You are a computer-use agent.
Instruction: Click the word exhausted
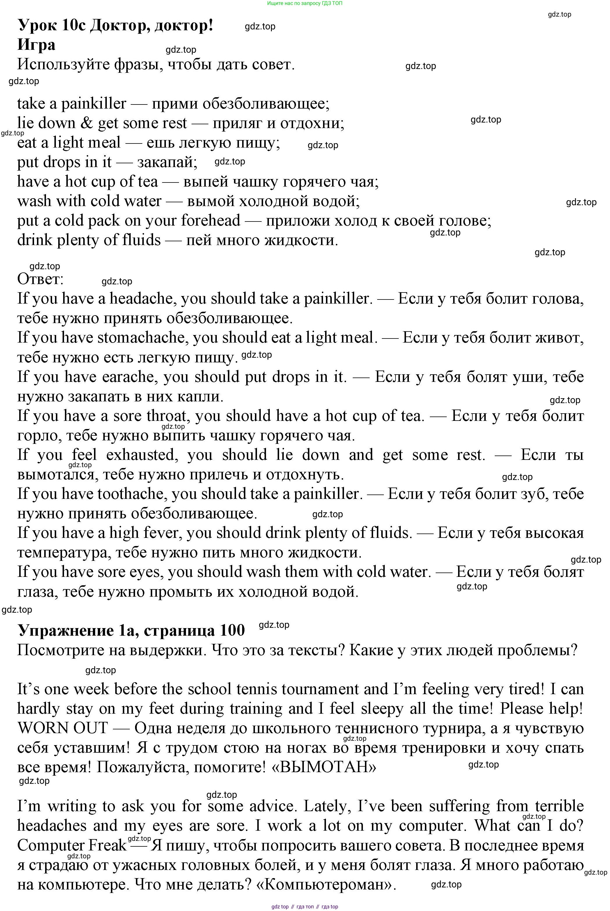tap(142, 455)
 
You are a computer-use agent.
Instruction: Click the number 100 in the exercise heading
tap(232, 630)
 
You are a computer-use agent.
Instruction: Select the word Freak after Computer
tap(107, 845)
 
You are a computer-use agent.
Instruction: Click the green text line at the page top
tap(305, 3)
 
